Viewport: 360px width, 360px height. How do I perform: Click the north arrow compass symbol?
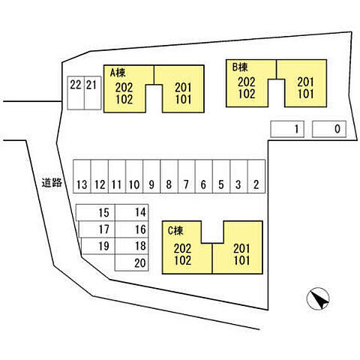point(318,298)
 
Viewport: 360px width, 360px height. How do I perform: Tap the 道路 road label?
point(52,183)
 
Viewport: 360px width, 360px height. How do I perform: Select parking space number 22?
point(76,93)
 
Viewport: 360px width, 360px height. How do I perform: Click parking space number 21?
point(92,93)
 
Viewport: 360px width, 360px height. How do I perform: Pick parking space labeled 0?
point(329,129)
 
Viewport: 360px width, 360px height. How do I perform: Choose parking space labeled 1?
point(287,129)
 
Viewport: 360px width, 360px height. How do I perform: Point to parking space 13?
point(82,176)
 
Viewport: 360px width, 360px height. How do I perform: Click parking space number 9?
point(151,176)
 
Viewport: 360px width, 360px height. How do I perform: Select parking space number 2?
point(256,176)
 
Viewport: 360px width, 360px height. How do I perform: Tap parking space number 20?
point(131,262)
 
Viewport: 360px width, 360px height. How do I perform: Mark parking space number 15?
point(95,212)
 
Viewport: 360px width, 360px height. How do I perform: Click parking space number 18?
point(131,246)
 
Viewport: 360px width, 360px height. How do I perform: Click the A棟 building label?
point(118,73)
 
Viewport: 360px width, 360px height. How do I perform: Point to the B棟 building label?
point(240,67)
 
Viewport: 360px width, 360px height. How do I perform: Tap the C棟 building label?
point(175,230)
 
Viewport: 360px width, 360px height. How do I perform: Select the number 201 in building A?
point(183,88)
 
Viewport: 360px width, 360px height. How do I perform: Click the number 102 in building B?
point(247,94)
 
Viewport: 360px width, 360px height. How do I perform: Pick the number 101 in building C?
point(241,260)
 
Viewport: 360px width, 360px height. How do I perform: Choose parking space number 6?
point(204,176)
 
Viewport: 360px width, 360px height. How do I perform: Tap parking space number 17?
point(97,229)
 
